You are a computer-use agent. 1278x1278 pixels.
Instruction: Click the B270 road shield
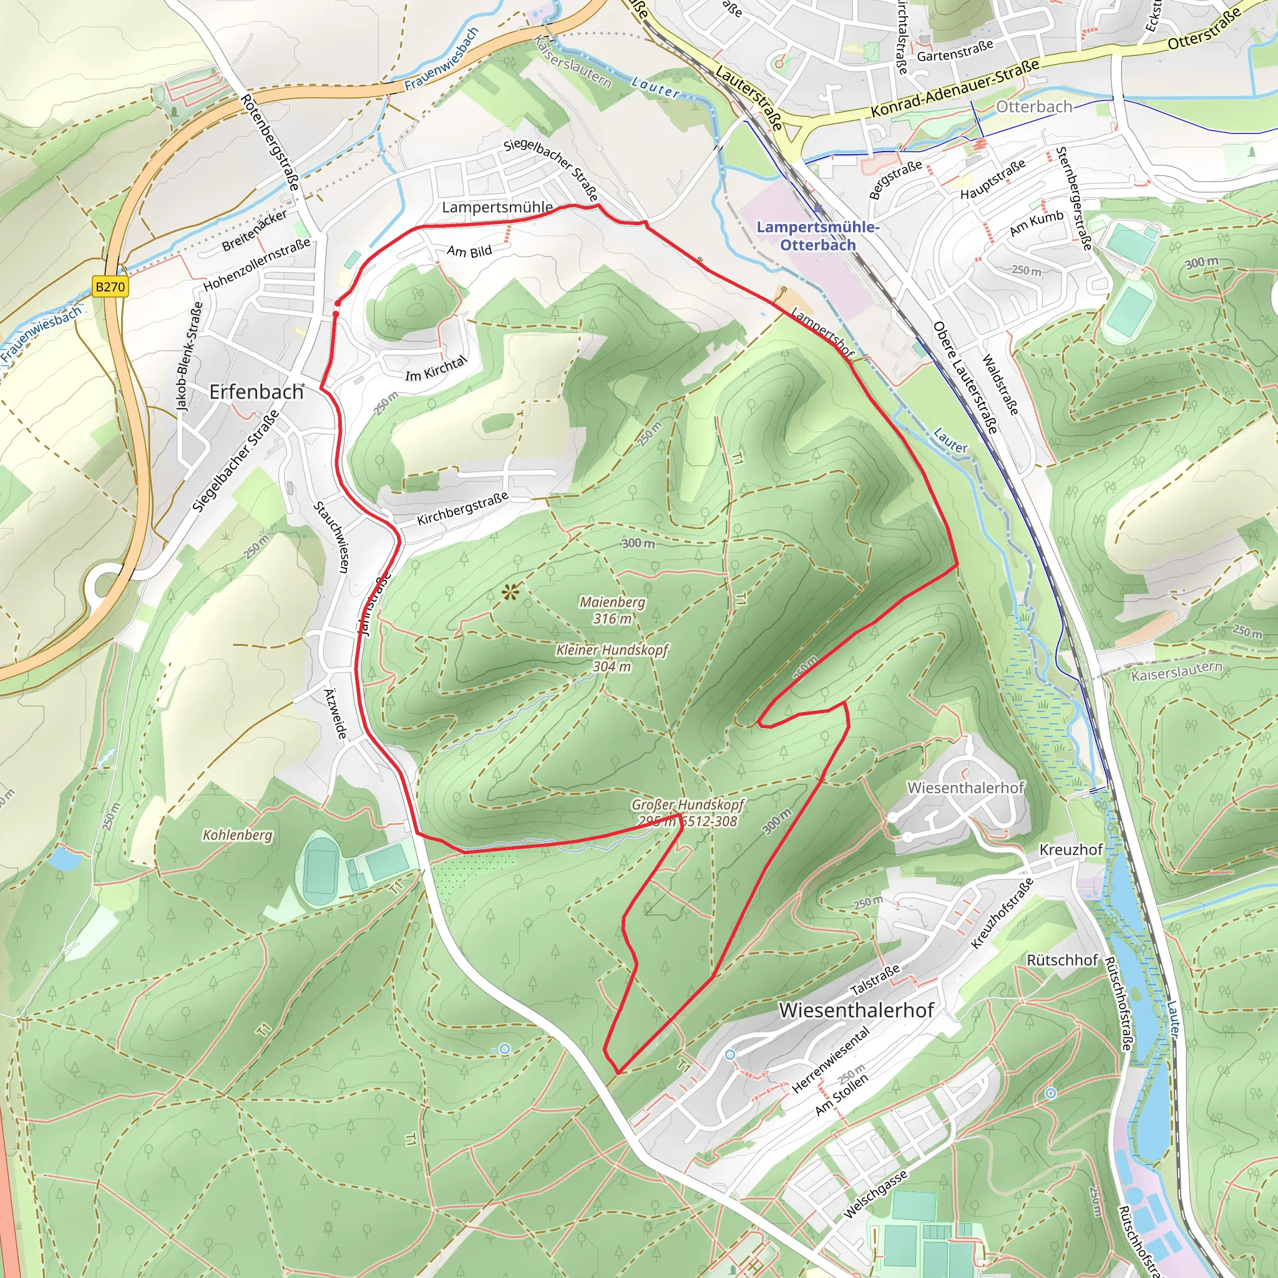tap(110, 286)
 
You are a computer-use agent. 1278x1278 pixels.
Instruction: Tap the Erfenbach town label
tap(256, 392)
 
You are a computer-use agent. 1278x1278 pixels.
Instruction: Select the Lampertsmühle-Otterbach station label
tap(817, 236)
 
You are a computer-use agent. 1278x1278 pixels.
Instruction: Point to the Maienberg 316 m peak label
tap(612, 610)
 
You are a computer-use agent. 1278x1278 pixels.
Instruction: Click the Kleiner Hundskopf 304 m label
tap(612, 658)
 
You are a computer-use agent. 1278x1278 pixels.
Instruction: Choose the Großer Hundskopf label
tap(687, 805)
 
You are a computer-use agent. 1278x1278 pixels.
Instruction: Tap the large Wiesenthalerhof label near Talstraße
tap(857, 1010)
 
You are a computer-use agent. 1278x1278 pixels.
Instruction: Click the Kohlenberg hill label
tap(238, 835)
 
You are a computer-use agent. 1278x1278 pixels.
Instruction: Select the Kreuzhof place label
tap(1071, 849)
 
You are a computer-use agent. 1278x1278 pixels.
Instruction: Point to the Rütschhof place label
tap(1062, 960)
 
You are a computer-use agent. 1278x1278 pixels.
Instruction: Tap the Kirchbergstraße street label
tap(462, 508)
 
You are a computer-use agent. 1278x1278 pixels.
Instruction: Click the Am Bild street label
tap(469, 251)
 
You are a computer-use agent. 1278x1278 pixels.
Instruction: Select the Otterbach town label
tap(1034, 107)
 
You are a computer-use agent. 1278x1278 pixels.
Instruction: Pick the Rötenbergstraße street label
tap(270, 143)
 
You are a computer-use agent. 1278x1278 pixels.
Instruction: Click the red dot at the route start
tap(337, 304)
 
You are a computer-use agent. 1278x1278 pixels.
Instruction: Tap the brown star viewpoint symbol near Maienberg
tap(509, 592)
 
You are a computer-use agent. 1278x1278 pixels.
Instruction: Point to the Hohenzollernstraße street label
tap(256, 265)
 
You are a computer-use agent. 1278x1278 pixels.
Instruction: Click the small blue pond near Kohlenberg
tap(65, 859)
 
